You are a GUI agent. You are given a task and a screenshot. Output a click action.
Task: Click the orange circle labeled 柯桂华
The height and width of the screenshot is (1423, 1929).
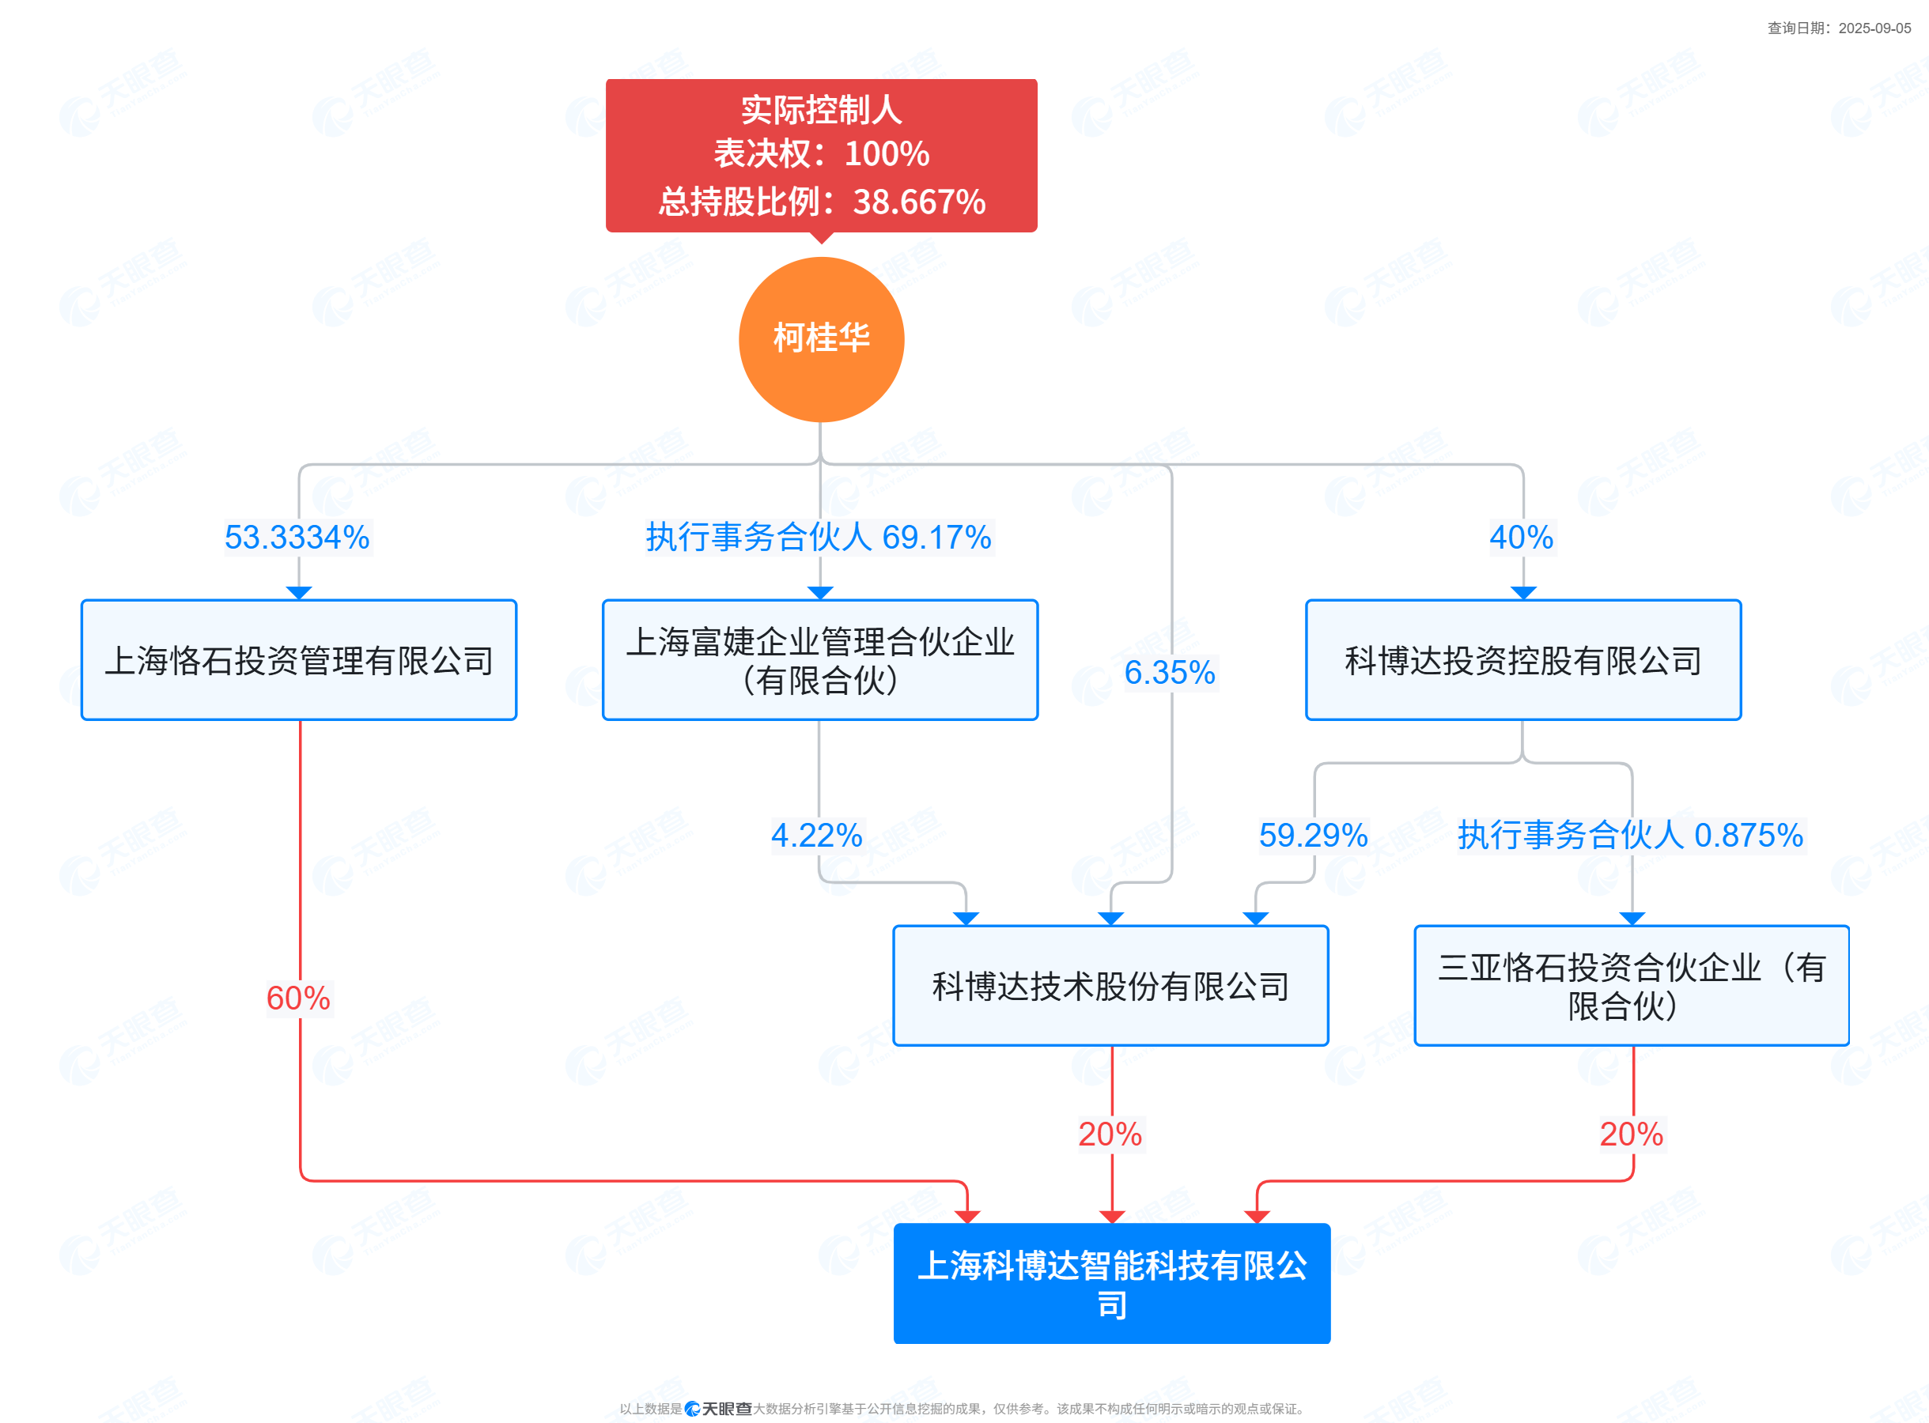click(x=821, y=339)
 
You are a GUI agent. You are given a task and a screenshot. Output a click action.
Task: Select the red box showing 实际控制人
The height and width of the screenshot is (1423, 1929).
click(x=821, y=155)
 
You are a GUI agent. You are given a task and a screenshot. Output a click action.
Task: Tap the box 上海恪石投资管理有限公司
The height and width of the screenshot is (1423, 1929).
click(x=299, y=660)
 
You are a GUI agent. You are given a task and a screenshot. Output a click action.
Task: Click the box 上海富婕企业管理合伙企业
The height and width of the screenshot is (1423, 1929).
click(x=820, y=660)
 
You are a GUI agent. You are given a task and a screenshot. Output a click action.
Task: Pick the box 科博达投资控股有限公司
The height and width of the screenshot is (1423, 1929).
click(x=1522, y=660)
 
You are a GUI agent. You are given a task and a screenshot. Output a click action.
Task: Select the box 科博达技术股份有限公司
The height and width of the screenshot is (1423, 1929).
click(x=1110, y=985)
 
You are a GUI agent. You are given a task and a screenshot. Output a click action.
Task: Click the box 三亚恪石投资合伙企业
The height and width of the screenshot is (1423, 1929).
click(x=1631, y=985)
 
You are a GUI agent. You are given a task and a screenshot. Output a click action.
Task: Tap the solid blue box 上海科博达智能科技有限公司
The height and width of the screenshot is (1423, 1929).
click(x=1111, y=1283)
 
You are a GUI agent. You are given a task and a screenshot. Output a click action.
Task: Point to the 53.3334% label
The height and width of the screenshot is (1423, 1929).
click(x=297, y=538)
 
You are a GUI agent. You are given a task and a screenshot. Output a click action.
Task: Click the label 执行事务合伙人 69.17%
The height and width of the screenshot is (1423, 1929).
click(x=819, y=538)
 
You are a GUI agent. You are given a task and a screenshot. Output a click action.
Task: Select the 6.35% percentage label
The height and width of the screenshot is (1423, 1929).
click(x=1169, y=673)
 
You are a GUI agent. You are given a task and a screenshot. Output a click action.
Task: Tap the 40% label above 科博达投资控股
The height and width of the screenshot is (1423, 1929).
click(x=1522, y=538)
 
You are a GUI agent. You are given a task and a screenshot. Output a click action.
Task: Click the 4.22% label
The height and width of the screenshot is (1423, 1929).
click(x=816, y=836)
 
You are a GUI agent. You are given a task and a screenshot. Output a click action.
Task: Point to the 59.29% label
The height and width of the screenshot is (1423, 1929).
click(x=1313, y=836)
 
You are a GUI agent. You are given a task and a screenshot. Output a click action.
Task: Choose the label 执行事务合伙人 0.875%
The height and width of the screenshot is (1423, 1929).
click(x=1630, y=836)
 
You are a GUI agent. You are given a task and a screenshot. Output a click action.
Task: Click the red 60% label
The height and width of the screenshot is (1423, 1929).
click(x=298, y=998)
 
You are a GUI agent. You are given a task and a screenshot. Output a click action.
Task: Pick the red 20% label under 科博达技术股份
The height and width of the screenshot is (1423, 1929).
click(x=1110, y=1134)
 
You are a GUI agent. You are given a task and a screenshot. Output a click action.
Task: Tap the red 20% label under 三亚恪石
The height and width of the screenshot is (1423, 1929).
click(x=1631, y=1134)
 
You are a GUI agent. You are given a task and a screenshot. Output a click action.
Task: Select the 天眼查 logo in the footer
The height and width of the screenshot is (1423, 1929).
click(x=717, y=1408)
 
